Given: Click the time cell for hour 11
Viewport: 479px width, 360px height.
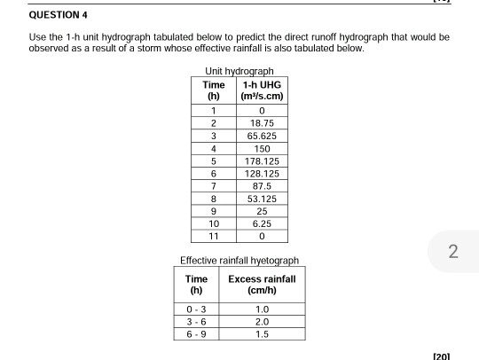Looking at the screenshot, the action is [x=213, y=239].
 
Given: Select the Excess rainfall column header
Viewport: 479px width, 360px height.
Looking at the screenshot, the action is [x=263, y=286].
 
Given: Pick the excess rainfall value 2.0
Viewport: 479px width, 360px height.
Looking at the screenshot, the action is [x=263, y=320].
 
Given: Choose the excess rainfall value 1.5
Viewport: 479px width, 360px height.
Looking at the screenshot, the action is [x=263, y=333].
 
